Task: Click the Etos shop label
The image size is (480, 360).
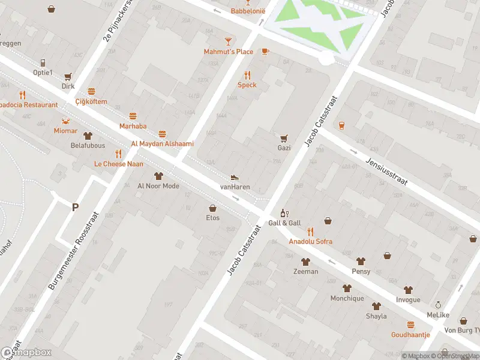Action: click(x=212, y=217)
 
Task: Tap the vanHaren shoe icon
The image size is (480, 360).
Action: click(x=235, y=178)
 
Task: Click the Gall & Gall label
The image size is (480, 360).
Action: click(x=284, y=223)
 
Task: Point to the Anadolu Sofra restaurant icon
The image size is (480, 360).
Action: click(x=310, y=232)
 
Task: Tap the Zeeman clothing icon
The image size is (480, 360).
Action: click(x=305, y=262)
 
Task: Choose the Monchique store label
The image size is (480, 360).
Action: click(x=347, y=298)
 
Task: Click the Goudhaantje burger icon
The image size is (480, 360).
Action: click(x=410, y=325)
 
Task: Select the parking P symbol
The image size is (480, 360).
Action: click(x=75, y=208)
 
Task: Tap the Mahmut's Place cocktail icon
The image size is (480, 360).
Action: click(x=228, y=41)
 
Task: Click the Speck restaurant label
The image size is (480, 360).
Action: click(x=247, y=85)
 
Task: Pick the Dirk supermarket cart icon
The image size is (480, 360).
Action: click(x=68, y=76)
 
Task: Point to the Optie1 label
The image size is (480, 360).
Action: click(x=43, y=73)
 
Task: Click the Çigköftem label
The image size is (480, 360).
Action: click(x=91, y=101)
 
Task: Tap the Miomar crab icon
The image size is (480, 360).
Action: click(x=65, y=121)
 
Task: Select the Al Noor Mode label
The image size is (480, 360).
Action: click(x=158, y=186)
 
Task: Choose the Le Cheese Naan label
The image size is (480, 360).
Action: click(x=118, y=164)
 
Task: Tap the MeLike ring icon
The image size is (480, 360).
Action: click(x=438, y=305)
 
